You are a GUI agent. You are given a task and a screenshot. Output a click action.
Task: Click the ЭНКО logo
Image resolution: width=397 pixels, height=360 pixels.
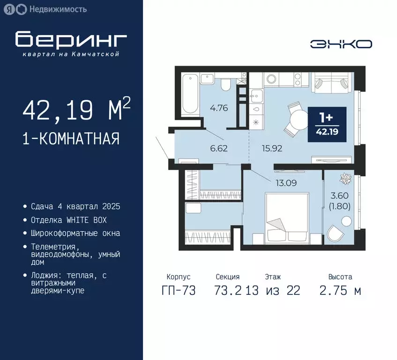[341, 44]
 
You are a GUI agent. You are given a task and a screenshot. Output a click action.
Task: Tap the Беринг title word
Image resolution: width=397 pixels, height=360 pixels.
[70, 40]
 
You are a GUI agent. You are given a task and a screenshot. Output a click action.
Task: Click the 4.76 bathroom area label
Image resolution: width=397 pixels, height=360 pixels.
[219, 108]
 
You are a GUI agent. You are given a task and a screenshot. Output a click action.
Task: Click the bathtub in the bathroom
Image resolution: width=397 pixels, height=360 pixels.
[190, 93]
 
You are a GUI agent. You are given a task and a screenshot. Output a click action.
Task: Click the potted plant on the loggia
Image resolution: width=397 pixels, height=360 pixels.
[346, 179]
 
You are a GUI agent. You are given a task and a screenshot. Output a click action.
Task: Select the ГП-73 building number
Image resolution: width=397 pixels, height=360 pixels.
[178, 291]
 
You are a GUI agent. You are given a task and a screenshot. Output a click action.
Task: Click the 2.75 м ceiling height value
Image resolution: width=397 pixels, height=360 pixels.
[340, 291]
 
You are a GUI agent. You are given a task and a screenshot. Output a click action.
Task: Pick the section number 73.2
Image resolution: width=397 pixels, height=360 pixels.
[228, 291]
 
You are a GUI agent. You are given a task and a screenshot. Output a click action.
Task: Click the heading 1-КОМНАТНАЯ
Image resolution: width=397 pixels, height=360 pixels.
[70, 139]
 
